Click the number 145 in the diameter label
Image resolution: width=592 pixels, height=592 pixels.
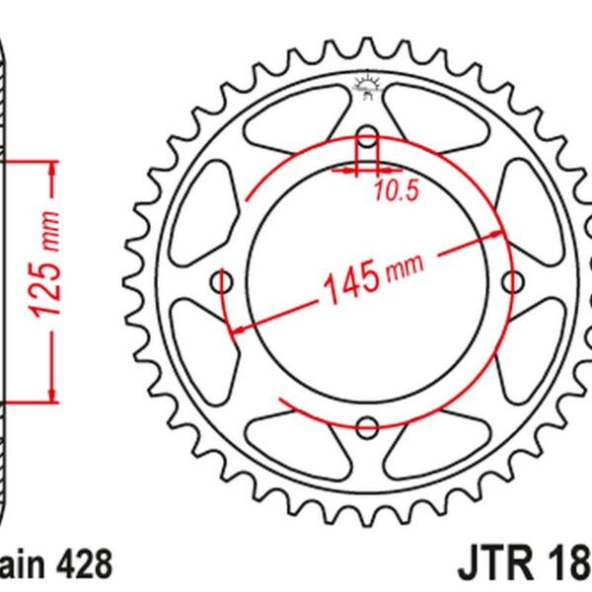coord(350,280)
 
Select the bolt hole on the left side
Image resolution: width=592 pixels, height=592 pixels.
coord(223,283)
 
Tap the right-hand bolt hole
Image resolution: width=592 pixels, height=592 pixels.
coord(512,283)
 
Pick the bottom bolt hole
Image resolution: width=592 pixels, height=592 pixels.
coord(367,427)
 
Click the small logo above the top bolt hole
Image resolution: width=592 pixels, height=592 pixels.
coord(367,88)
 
